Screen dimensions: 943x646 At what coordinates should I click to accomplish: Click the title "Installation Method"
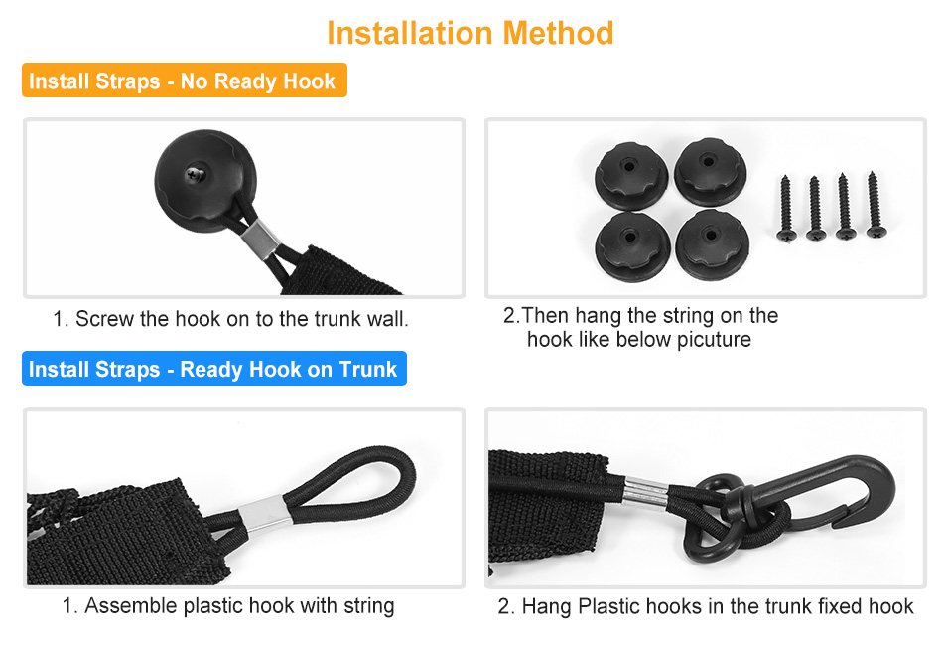(x=471, y=33)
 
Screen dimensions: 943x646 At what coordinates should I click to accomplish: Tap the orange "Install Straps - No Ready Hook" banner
(x=185, y=81)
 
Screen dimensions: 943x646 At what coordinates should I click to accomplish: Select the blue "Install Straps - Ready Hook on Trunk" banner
(x=214, y=369)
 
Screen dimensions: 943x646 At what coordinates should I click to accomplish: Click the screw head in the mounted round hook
(x=195, y=175)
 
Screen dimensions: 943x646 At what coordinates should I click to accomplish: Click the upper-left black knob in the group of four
(x=631, y=176)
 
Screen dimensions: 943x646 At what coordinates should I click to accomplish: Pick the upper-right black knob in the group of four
(x=711, y=172)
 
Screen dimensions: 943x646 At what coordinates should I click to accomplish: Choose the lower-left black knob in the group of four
(x=631, y=246)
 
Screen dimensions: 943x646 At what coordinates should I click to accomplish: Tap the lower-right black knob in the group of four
(x=712, y=244)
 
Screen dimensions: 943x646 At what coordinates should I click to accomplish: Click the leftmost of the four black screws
(x=785, y=209)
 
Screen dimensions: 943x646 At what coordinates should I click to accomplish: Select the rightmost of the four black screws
(x=876, y=204)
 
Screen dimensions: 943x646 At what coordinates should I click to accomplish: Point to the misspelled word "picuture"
(x=714, y=340)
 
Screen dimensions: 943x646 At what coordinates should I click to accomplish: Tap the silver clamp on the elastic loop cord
(x=265, y=514)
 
